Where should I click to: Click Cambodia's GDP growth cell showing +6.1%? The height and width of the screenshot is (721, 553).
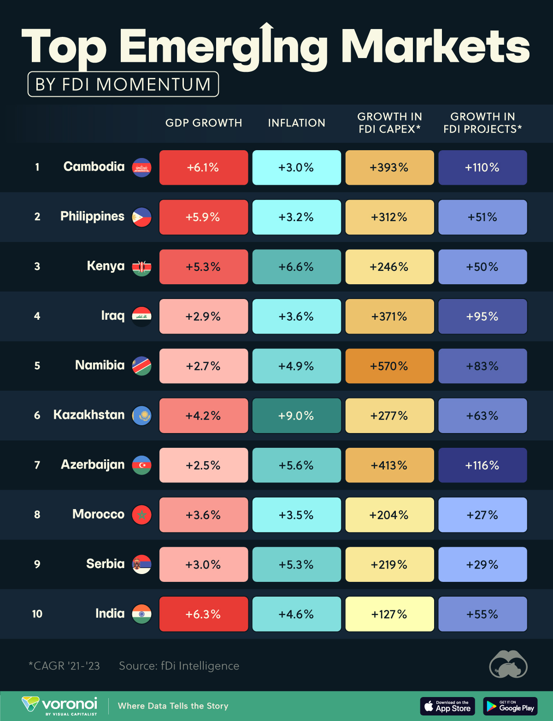click(x=203, y=168)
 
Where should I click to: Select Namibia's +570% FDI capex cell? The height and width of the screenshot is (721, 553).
click(x=389, y=366)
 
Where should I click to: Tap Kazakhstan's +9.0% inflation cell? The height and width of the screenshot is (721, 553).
click(x=296, y=416)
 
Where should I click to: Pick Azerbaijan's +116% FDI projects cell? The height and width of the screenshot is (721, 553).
click(x=482, y=465)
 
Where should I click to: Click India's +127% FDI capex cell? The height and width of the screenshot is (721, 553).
click(x=389, y=614)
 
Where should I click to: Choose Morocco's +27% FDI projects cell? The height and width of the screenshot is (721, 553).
click(x=482, y=515)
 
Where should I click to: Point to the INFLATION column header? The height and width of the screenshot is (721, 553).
click(x=296, y=123)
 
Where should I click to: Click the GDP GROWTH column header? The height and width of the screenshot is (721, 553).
click(x=204, y=123)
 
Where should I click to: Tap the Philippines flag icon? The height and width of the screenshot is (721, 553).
click(x=141, y=217)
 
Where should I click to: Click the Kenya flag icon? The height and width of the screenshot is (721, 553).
click(x=141, y=267)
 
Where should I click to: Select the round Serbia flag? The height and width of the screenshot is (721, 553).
click(x=141, y=564)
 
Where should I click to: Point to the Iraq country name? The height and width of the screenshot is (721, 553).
click(x=113, y=316)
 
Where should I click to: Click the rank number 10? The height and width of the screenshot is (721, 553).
click(x=37, y=614)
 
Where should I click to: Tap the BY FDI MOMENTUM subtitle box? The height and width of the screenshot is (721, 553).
click(x=123, y=84)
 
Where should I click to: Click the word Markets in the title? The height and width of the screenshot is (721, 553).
click(x=435, y=46)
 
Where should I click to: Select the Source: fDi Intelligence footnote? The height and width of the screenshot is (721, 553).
click(x=179, y=666)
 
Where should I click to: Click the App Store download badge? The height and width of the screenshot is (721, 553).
click(x=447, y=706)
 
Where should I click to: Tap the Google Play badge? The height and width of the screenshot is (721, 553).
click(x=510, y=706)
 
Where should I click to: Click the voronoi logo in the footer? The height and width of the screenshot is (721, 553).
click(x=60, y=705)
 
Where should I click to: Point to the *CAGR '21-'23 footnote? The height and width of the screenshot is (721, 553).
click(x=64, y=666)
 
